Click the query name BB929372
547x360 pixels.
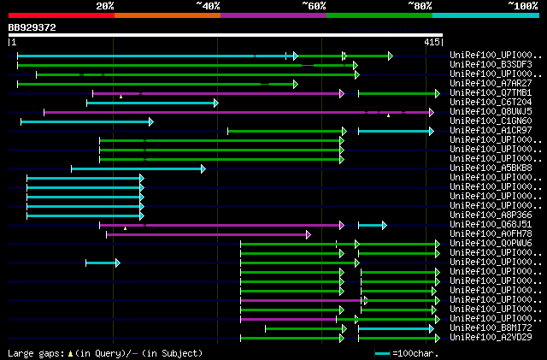(32, 28)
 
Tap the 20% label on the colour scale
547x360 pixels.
(105, 6)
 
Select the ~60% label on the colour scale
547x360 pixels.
(313, 6)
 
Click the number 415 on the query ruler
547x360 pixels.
(432, 42)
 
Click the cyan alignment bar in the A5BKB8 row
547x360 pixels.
(137, 168)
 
